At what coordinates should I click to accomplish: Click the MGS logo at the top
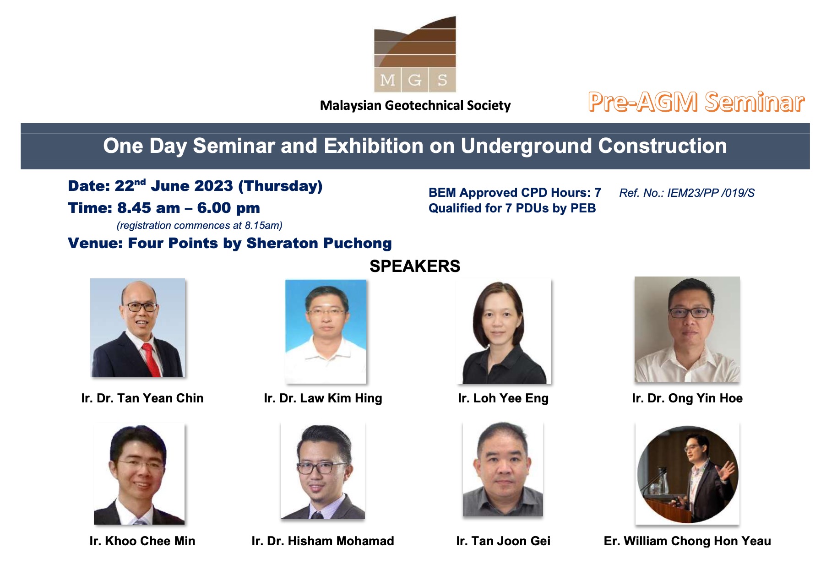point(415,54)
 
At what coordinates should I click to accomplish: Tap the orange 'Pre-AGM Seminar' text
point(696,102)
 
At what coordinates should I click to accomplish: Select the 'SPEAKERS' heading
point(415,266)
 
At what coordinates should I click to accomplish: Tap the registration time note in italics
point(200,225)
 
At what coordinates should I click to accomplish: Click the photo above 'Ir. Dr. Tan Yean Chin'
point(138,328)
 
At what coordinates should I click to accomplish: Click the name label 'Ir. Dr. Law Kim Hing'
point(323,398)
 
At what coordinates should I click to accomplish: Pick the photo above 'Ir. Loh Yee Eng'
point(504,331)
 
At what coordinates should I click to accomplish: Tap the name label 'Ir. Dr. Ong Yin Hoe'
point(687,398)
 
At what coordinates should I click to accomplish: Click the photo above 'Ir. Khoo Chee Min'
point(139,473)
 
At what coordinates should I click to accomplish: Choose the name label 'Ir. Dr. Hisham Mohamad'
point(323,541)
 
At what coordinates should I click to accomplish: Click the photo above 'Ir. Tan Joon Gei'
point(503,469)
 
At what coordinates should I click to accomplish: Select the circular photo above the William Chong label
point(687,474)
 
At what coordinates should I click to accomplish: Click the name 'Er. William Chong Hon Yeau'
point(687,541)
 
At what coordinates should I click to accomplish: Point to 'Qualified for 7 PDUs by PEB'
point(512,208)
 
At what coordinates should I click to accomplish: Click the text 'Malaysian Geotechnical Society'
point(415,106)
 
